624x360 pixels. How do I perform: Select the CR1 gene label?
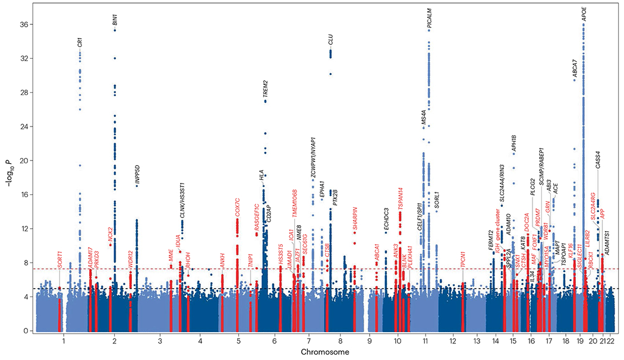click(x=80, y=42)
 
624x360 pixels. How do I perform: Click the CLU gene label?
click(x=330, y=40)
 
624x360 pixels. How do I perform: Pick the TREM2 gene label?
click(x=266, y=89)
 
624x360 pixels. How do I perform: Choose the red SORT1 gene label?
click(x=59, y=259)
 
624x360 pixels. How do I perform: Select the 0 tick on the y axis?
click(x=27, y=331)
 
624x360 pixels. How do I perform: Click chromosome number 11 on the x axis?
click(x=426, y=342)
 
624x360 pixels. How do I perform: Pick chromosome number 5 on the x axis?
click(x=238, y=342)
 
